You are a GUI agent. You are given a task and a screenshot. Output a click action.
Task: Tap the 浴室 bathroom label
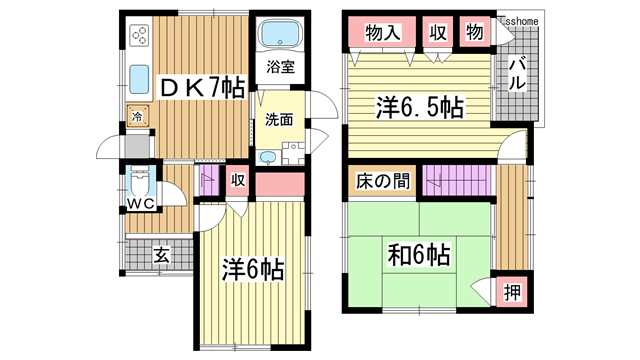coord(279,68)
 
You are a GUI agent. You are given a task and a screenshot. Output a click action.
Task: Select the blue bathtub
coord(279,34)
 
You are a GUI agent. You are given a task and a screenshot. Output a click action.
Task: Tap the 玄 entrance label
coord(160,255)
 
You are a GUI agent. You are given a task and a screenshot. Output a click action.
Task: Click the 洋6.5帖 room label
coord(418,106)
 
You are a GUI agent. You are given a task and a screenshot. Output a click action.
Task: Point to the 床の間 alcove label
coord(379,182)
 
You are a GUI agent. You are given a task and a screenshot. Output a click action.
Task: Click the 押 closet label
coord(511,293)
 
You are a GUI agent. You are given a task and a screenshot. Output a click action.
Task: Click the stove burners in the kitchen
coord(139,37)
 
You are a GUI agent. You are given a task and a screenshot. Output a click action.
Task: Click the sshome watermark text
coord(518,19)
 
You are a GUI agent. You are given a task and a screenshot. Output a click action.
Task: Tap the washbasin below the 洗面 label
coord(267,157)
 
